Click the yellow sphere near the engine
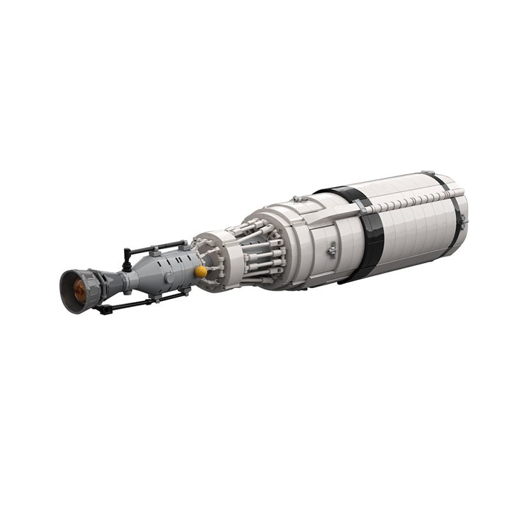[x=201, y=271]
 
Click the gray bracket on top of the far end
[x=427, y=173]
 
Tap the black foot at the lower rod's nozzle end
[x=101, y=310]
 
